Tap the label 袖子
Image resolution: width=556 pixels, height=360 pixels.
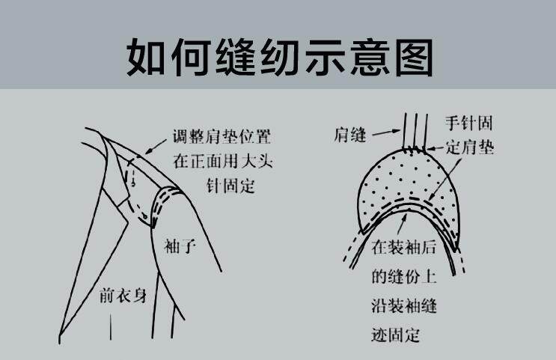click(180, 245)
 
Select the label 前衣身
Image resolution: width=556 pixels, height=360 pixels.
click(122, 296)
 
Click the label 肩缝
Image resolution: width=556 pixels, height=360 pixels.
click(350, 135)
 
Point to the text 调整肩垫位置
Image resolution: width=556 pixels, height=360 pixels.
click(221, 137)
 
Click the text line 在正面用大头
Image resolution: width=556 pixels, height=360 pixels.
click(221, 161)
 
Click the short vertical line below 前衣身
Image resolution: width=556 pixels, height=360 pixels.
click(111, 326)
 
